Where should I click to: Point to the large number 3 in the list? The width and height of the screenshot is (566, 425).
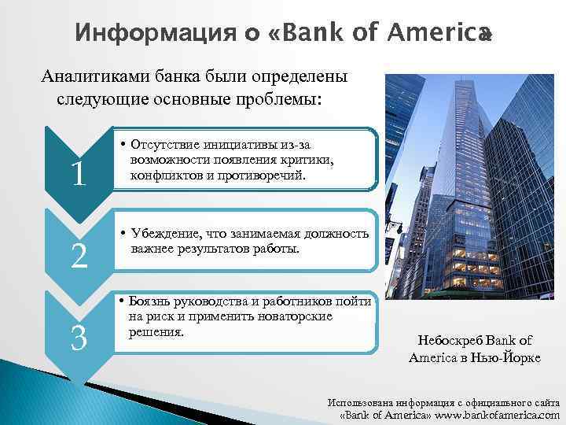tap(78, 338)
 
